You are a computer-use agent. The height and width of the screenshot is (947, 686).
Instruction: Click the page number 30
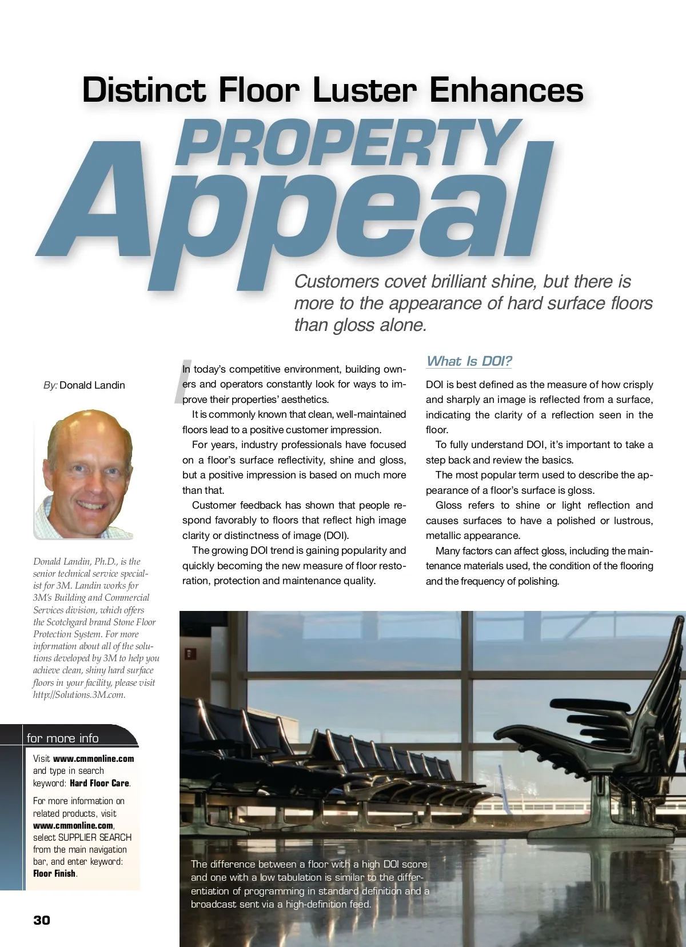(x=42, y=920)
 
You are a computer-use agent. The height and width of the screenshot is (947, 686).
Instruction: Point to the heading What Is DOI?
(x=469, y=361)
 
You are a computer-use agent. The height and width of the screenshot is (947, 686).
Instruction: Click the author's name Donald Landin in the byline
(x=92, y=385)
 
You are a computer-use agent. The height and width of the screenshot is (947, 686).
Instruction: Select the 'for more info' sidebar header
(x=63, y=738)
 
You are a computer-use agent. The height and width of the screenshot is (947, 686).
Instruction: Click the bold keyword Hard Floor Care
(x=100, y=783)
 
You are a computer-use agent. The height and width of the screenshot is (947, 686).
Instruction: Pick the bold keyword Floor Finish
(x=54, y=873)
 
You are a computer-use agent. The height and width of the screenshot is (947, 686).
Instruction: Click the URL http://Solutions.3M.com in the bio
(x=79, y=695)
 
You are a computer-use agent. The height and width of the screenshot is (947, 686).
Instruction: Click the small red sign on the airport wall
(x=190, y=653)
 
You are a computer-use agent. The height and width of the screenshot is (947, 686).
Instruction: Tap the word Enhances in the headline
(x=506, y=90)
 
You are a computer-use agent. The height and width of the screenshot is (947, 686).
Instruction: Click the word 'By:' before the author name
(x=50, y=385)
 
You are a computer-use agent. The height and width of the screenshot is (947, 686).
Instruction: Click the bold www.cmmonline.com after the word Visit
(x=93, y=759)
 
